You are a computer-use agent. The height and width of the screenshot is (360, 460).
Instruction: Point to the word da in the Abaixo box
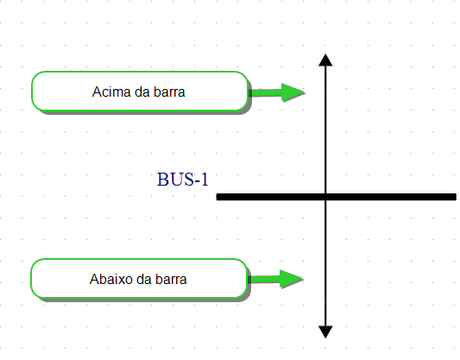(144, 279)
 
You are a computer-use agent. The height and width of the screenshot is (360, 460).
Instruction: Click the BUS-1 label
(182, 180)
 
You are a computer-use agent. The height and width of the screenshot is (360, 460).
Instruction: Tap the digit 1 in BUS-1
(205, 180)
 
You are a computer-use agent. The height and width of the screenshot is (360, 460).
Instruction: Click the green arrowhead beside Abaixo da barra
(292, 279)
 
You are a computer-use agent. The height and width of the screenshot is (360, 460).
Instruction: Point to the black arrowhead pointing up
(325, 60)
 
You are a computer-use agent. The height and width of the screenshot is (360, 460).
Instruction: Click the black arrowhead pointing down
(325, 332)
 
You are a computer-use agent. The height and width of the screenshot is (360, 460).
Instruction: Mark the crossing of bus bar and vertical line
(325, 197)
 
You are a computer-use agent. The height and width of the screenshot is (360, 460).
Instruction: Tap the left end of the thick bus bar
(217, 197)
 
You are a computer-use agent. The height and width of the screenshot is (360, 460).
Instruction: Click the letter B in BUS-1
(162, 180)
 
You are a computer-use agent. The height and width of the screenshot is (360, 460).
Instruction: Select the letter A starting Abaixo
(93, 279)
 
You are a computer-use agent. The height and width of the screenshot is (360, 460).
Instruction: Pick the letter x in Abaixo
(121, 281)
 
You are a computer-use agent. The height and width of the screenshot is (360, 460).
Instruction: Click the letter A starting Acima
(97, 92)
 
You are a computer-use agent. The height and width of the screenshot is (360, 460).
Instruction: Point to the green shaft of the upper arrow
(265, 92)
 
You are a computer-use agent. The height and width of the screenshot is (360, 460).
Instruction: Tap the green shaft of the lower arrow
(264, 279)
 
